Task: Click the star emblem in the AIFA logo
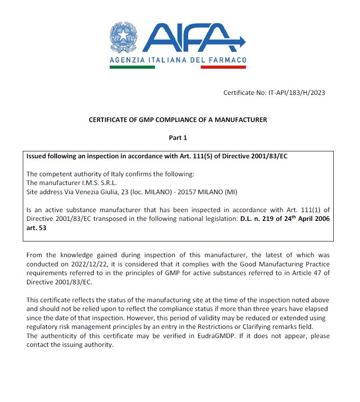(123, 36)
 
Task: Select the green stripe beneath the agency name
(132, 67)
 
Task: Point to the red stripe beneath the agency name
(223, 67)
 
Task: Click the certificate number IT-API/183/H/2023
(296, 92)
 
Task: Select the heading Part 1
(178, 138)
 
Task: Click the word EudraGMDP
(210, 336)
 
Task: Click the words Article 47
(308, 273)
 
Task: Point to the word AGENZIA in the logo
(124, 60)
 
